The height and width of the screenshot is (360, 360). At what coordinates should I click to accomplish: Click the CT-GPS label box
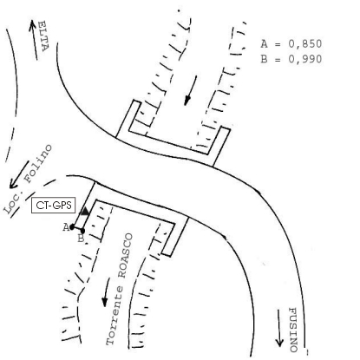coord(54,206)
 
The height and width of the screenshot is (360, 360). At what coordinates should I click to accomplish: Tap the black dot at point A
coord(72,227)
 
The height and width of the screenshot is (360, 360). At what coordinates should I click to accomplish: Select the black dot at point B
coord(82,231)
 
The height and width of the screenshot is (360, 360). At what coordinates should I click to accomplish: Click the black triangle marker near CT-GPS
coord(84,211)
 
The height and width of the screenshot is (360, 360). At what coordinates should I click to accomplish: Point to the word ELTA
coord(43,36)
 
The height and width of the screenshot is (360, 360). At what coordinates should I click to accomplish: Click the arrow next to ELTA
coord(34,40)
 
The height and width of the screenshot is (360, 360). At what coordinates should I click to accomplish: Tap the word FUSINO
coord(293,330)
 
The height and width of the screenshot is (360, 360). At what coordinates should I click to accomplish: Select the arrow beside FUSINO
coord(279,328)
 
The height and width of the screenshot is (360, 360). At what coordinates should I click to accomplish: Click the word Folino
coord(38,164)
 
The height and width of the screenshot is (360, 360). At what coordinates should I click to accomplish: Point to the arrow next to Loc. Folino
coord(19,174)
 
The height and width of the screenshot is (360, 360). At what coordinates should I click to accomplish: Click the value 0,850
coord(305,44)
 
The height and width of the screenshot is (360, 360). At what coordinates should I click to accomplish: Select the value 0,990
coord(305,59)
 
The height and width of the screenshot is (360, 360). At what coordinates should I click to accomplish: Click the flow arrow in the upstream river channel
coord(191,90)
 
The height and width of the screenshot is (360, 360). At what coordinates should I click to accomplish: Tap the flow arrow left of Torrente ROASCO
coord(106,292)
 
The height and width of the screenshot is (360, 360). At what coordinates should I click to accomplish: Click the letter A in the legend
coord(264,43)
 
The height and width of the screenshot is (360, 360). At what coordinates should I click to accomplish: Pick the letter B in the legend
coord(264,59)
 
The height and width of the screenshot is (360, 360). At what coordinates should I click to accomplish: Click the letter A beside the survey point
coord(66,227)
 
